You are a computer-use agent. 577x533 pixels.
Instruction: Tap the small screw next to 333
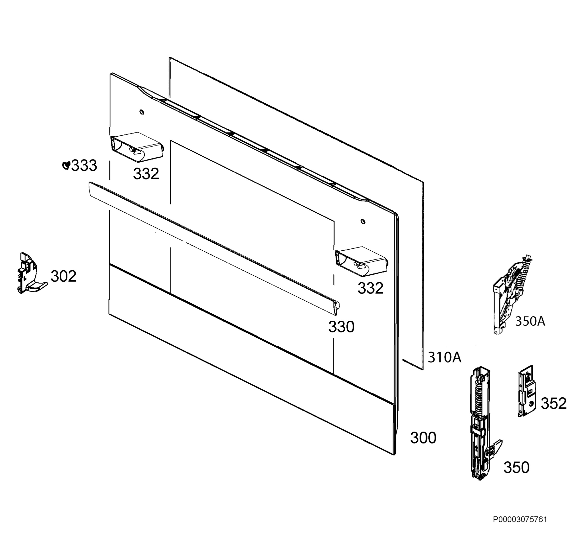click(66, 165)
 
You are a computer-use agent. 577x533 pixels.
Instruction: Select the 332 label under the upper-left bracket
click(146, 174)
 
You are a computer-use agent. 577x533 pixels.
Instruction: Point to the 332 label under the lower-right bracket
click(370, 288)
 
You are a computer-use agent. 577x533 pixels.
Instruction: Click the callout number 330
click(341, 327)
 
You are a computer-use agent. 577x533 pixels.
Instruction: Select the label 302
click(64, 276)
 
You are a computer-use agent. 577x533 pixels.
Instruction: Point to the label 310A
click(445, 357)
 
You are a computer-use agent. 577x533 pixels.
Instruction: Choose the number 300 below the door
click(423, 438)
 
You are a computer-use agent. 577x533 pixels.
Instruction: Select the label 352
click(554, 404)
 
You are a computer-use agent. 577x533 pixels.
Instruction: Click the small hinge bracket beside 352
click(527, 391)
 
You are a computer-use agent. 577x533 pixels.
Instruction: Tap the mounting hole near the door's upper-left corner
click(142, 112)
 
